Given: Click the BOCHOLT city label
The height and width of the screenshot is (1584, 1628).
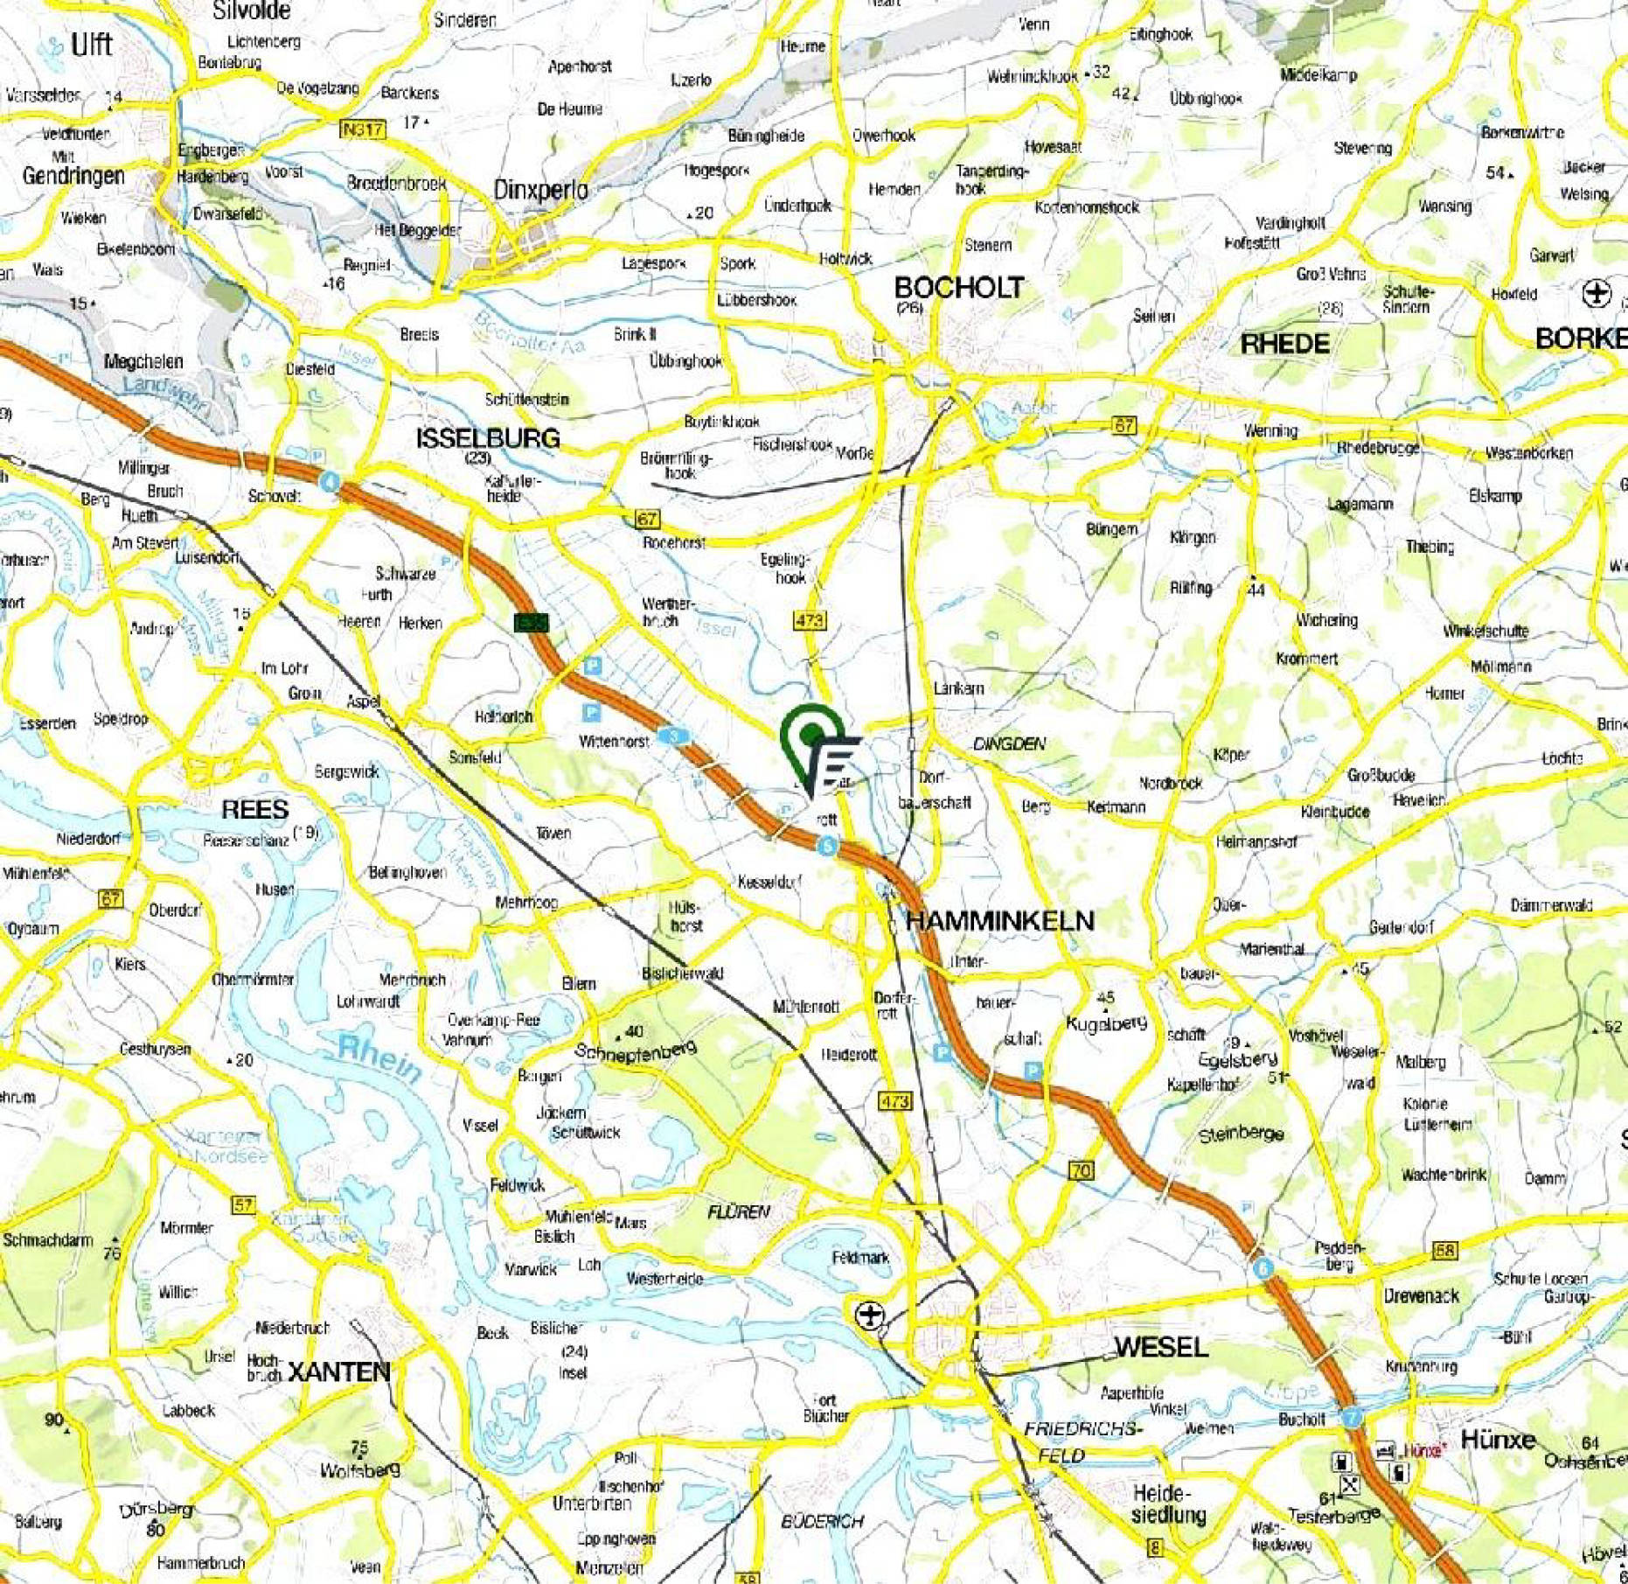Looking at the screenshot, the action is (958, 288).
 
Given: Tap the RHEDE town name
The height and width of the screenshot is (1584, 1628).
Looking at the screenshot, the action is (1284, 343).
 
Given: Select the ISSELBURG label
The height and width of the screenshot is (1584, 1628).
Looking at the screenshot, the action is (487, 438).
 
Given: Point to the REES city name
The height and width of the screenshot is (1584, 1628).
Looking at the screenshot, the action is (254, 809).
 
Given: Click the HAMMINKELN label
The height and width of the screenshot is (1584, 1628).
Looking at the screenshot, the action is (999, 920).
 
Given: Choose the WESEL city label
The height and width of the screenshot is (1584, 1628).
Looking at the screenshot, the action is (1161, 1346).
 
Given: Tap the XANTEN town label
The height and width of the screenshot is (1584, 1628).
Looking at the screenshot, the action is (338, 1371).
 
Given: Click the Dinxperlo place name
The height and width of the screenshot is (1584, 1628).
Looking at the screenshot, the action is (540, 189).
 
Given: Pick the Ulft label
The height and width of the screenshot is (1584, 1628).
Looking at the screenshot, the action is (92, 44).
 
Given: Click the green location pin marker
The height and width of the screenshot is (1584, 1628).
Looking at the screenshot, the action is (813, 733).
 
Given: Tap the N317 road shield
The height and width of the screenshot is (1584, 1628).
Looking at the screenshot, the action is (362, 129).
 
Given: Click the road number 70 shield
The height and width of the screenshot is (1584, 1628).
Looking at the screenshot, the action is (1082, 1170).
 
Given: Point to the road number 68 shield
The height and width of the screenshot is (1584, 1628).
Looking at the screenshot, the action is (1445, 1251).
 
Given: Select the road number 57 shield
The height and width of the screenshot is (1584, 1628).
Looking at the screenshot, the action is (242, 1204).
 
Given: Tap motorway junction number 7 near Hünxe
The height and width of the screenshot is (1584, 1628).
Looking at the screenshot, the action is (1352, 1418).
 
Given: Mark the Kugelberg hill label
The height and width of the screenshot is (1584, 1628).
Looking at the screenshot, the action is (1106, 1022).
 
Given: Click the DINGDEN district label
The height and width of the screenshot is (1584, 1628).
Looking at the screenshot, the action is (1009, 743).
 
